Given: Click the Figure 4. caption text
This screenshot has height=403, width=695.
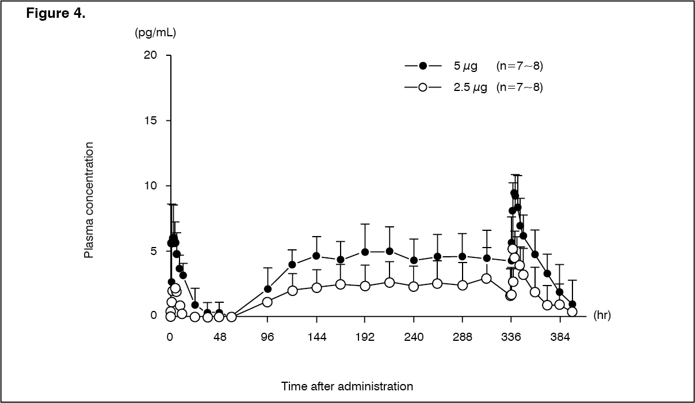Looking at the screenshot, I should (56, 13).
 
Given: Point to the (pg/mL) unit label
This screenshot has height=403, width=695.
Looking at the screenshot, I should (155, 32).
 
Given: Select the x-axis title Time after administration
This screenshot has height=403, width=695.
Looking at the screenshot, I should (347, 386).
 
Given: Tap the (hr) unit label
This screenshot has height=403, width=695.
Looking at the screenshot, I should (602, 315).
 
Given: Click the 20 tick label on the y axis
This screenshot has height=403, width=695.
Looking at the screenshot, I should (151, 55).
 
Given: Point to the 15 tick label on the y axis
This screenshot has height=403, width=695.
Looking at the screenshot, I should (151, 121).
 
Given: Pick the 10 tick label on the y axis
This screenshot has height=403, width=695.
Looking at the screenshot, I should (151, 186).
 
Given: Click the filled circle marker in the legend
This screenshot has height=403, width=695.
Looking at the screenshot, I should (423, 66).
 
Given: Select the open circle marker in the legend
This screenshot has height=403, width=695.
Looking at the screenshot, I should (423, 88).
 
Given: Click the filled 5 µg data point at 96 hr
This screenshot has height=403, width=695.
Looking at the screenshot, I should (268, 289).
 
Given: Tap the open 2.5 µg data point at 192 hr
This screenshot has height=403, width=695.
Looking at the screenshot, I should (365, 286).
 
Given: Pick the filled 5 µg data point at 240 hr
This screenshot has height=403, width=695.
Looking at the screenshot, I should (414, 260).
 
